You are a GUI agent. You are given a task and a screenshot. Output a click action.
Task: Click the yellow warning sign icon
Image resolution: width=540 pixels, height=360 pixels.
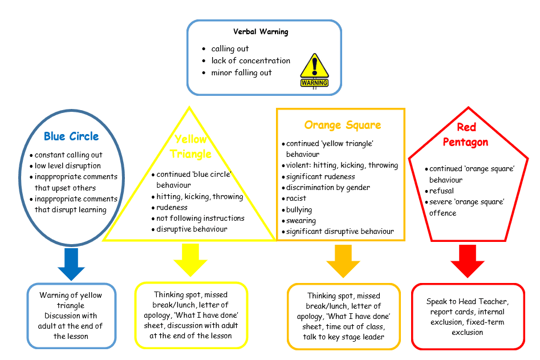click(314, 70)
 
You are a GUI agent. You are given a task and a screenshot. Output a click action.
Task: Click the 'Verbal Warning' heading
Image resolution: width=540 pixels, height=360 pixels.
click(261, 32)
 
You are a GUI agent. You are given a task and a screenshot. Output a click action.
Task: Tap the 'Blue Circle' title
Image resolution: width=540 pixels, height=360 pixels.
click(71, 136)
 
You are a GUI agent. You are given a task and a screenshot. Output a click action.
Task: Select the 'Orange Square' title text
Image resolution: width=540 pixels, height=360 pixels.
click(342, 125)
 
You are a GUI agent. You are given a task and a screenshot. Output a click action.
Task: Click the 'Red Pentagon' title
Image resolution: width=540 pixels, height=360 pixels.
click(468, 135)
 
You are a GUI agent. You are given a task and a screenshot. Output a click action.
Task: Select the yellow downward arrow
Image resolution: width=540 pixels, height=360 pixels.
click(191, 260)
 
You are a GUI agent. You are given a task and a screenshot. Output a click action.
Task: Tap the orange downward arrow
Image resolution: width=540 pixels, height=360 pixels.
click(343, 261)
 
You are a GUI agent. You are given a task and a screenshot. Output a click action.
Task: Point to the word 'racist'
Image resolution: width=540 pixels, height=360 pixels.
click(297, 198)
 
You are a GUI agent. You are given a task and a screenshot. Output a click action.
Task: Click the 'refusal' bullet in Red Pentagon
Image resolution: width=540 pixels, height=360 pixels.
click(442, 191)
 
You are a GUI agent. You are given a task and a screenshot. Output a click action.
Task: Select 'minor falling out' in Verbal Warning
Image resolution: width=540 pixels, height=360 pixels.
click(241, 72)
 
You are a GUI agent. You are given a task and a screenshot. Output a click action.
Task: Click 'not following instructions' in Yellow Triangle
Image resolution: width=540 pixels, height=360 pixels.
click(200, 218)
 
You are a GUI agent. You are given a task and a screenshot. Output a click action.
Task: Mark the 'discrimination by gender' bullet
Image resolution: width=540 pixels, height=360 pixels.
click(328, 187)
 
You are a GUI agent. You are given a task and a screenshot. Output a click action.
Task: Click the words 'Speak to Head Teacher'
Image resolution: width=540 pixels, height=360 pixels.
click(467, 301)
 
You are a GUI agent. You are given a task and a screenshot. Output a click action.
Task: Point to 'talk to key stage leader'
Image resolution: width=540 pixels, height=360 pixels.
click(342, 337)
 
